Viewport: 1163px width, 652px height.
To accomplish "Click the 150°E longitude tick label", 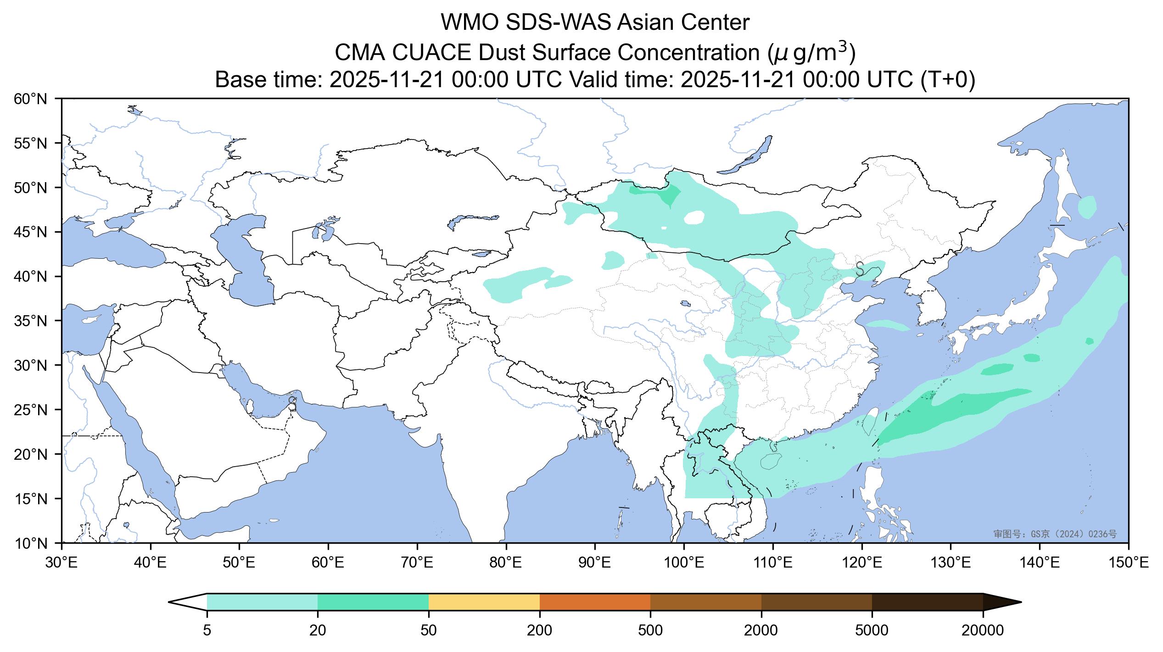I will (1128, 563).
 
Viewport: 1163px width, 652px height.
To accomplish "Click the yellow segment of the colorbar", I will (484, 602).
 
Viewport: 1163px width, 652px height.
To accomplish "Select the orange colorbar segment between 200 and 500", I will (595, 602).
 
